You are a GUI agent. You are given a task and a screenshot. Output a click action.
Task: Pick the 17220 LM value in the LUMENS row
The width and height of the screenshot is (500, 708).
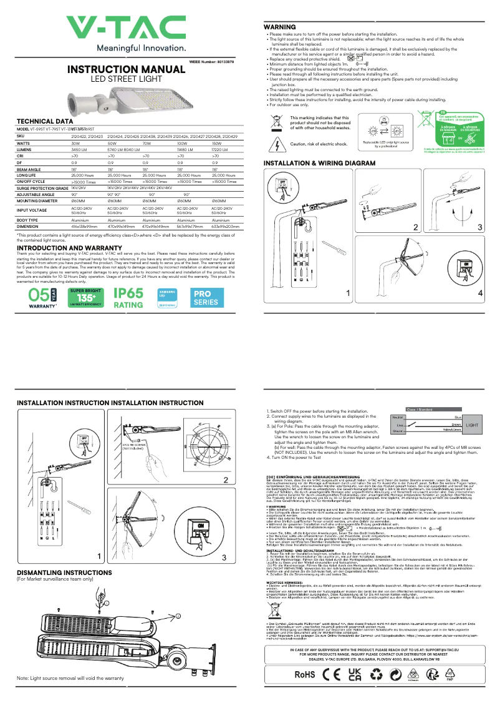click(x=221, y=150)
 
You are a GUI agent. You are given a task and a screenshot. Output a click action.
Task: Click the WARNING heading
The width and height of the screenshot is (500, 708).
click(x=279, y=27)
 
